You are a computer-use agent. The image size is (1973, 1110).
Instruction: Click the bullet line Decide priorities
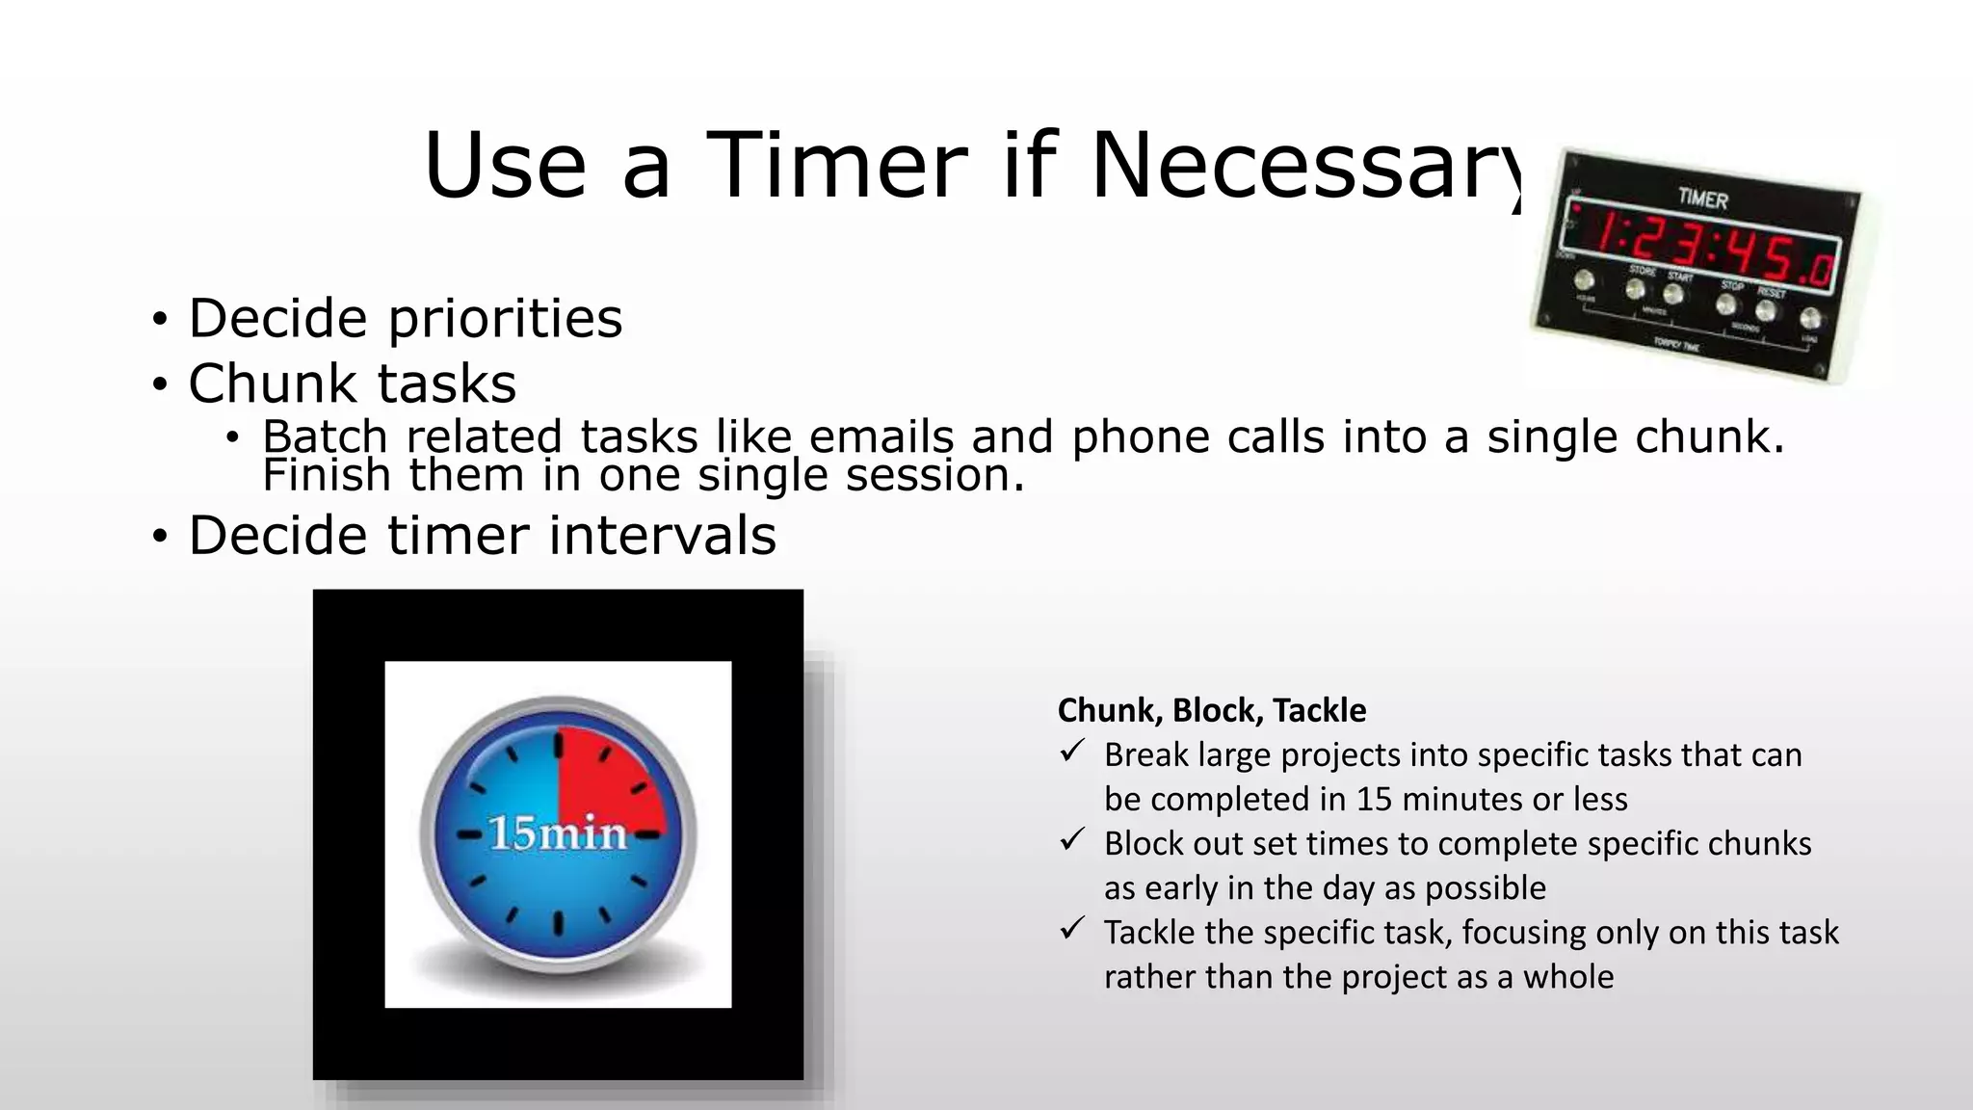point(405,318)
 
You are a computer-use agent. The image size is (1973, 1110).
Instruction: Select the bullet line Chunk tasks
point(352,383)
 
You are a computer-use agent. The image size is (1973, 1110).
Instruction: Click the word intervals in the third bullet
point(662,536)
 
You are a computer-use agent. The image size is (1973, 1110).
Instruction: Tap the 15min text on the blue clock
point(558,833)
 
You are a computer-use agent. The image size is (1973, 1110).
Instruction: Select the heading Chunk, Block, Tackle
point(1211,710)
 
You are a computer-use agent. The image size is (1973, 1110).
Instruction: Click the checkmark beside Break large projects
point(1072,752)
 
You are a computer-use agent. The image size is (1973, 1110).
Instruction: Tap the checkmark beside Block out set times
point(1072,840)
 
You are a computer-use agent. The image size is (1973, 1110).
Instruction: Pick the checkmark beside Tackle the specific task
point(1072,929)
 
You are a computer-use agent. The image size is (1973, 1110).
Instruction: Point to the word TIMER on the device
point(1702,198)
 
